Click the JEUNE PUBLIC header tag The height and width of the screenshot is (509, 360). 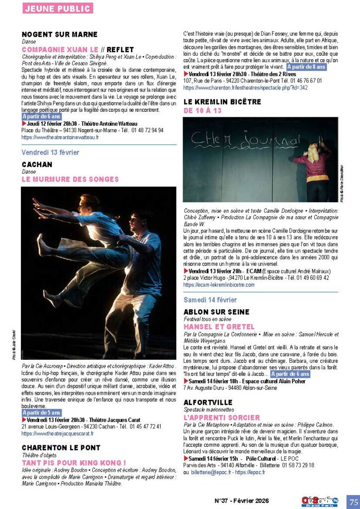(57, 8)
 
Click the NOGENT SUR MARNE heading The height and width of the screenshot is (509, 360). (60, 34)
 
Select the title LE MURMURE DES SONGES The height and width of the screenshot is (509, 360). (70, 179)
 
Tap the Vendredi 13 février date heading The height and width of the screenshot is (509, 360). (50, 152)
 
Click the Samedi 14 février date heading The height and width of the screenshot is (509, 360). (210, 300)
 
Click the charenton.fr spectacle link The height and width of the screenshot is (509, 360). (246, 87)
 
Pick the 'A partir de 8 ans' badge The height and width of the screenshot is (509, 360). (306, 67)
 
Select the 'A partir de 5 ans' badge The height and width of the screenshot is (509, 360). (42, 413)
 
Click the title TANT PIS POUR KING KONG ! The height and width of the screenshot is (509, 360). (74, 462)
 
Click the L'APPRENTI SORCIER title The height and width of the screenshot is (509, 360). (222, 418)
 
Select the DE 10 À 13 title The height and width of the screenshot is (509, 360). (202, 111)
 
